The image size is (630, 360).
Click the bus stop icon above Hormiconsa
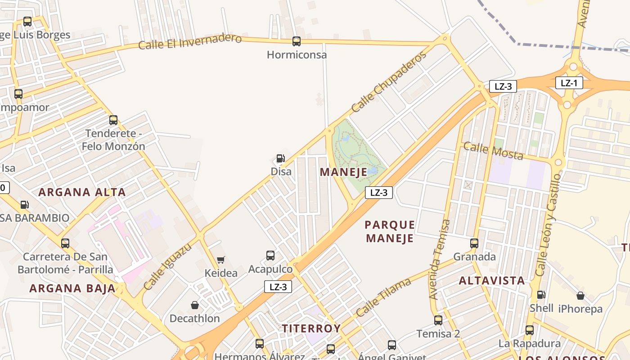pos(296,41)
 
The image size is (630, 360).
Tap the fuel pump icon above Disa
pos(280,158)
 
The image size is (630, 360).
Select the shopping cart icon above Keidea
pos(220,260)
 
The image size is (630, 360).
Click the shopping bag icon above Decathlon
pos(194,305)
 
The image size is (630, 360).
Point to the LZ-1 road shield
pos(569,83)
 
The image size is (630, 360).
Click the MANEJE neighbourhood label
pos(343,172)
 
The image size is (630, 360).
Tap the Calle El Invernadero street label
pos(190,41)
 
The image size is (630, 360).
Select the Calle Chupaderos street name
pos(388,82)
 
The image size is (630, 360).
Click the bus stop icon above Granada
pos(474,243)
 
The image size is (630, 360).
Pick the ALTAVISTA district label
pos(491,281)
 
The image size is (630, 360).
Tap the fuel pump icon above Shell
pos(541,295)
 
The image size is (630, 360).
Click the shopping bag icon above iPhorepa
pos(580,296)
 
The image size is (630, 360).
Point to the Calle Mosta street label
pos(493,151)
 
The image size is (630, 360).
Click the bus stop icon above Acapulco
pos(270,256)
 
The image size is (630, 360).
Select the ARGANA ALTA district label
pos(82,192)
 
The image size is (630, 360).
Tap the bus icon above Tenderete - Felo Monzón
pos(113,120)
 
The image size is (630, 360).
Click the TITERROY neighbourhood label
pos(311,328)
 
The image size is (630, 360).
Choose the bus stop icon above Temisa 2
pos(438,320)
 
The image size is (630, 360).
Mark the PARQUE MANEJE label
pos(390,231)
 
